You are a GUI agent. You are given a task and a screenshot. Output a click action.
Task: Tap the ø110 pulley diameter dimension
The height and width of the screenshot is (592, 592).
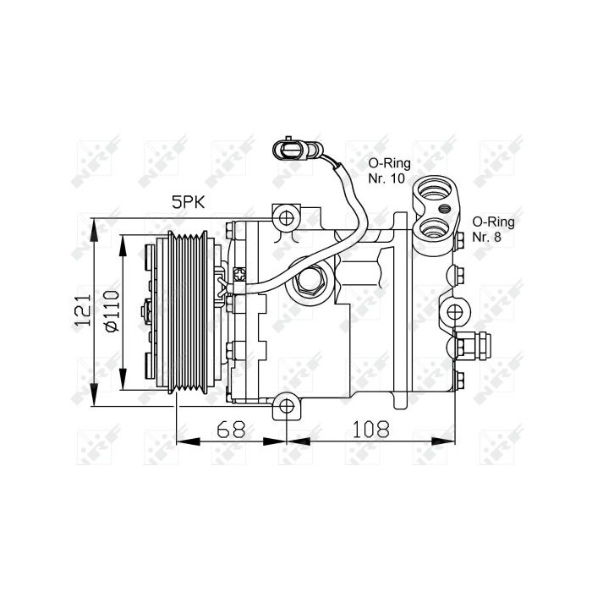[109, 312]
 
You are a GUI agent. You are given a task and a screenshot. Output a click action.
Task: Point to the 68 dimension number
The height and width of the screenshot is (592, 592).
[230, 429]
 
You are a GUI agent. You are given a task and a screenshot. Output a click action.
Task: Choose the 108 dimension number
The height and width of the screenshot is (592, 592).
[370, 429]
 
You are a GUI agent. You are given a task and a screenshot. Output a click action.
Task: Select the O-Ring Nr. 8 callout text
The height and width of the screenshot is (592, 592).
[492, 229]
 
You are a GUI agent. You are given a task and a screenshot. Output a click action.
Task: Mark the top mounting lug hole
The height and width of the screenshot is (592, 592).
[287, 219]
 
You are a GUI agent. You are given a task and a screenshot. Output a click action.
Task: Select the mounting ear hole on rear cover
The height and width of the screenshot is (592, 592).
[458, 311]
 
